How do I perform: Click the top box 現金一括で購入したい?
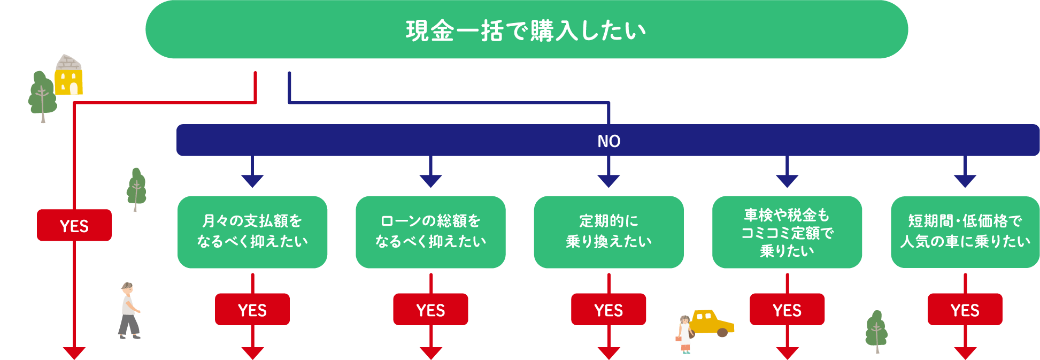pos(526,30)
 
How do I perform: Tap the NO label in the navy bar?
pos(608,141)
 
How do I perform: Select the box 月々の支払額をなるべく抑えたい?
pos(252,232)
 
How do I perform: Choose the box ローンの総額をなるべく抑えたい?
pos(430,232)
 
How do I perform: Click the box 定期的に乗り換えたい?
pos(608,232)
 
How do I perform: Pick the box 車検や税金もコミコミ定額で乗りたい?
pos(787,232)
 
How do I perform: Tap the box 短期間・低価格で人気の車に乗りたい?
pos(965,232)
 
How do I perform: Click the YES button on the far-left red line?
pos(74,225)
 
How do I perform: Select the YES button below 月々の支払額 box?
pos(252,309)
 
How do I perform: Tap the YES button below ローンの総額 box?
pos(430,309)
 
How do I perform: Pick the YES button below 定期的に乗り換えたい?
pos(608,309)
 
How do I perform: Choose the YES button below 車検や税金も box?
pos(787,309)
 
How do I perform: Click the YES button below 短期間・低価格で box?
pos(965,309)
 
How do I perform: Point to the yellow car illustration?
pos(712,323)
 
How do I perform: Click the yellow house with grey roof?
pos(68,76)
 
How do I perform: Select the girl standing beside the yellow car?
pos(684,334)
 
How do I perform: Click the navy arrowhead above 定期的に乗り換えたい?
pos(608,180)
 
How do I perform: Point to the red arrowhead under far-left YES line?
pos(74,353)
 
